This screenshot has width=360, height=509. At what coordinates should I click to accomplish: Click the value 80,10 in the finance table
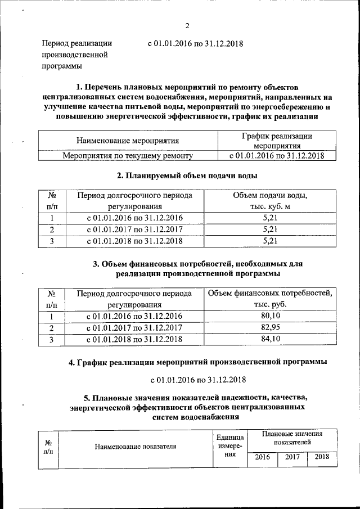point(271,316)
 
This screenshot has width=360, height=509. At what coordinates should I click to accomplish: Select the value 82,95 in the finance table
point(271,327)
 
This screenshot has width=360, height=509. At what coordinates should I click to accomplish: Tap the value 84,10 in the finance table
point(271,339)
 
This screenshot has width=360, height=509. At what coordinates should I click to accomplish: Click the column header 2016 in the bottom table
point(262,457)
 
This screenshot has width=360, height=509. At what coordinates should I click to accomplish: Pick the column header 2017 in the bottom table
point(292,457)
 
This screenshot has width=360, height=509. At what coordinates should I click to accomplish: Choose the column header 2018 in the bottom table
point(322,457)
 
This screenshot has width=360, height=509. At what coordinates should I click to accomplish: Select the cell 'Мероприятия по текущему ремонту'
point(128,155)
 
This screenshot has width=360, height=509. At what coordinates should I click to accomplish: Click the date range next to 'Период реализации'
point(194,43)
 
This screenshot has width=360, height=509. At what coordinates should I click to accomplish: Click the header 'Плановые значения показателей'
point(292,438)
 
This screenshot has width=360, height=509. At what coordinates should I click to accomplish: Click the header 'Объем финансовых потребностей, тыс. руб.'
point(271,299)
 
